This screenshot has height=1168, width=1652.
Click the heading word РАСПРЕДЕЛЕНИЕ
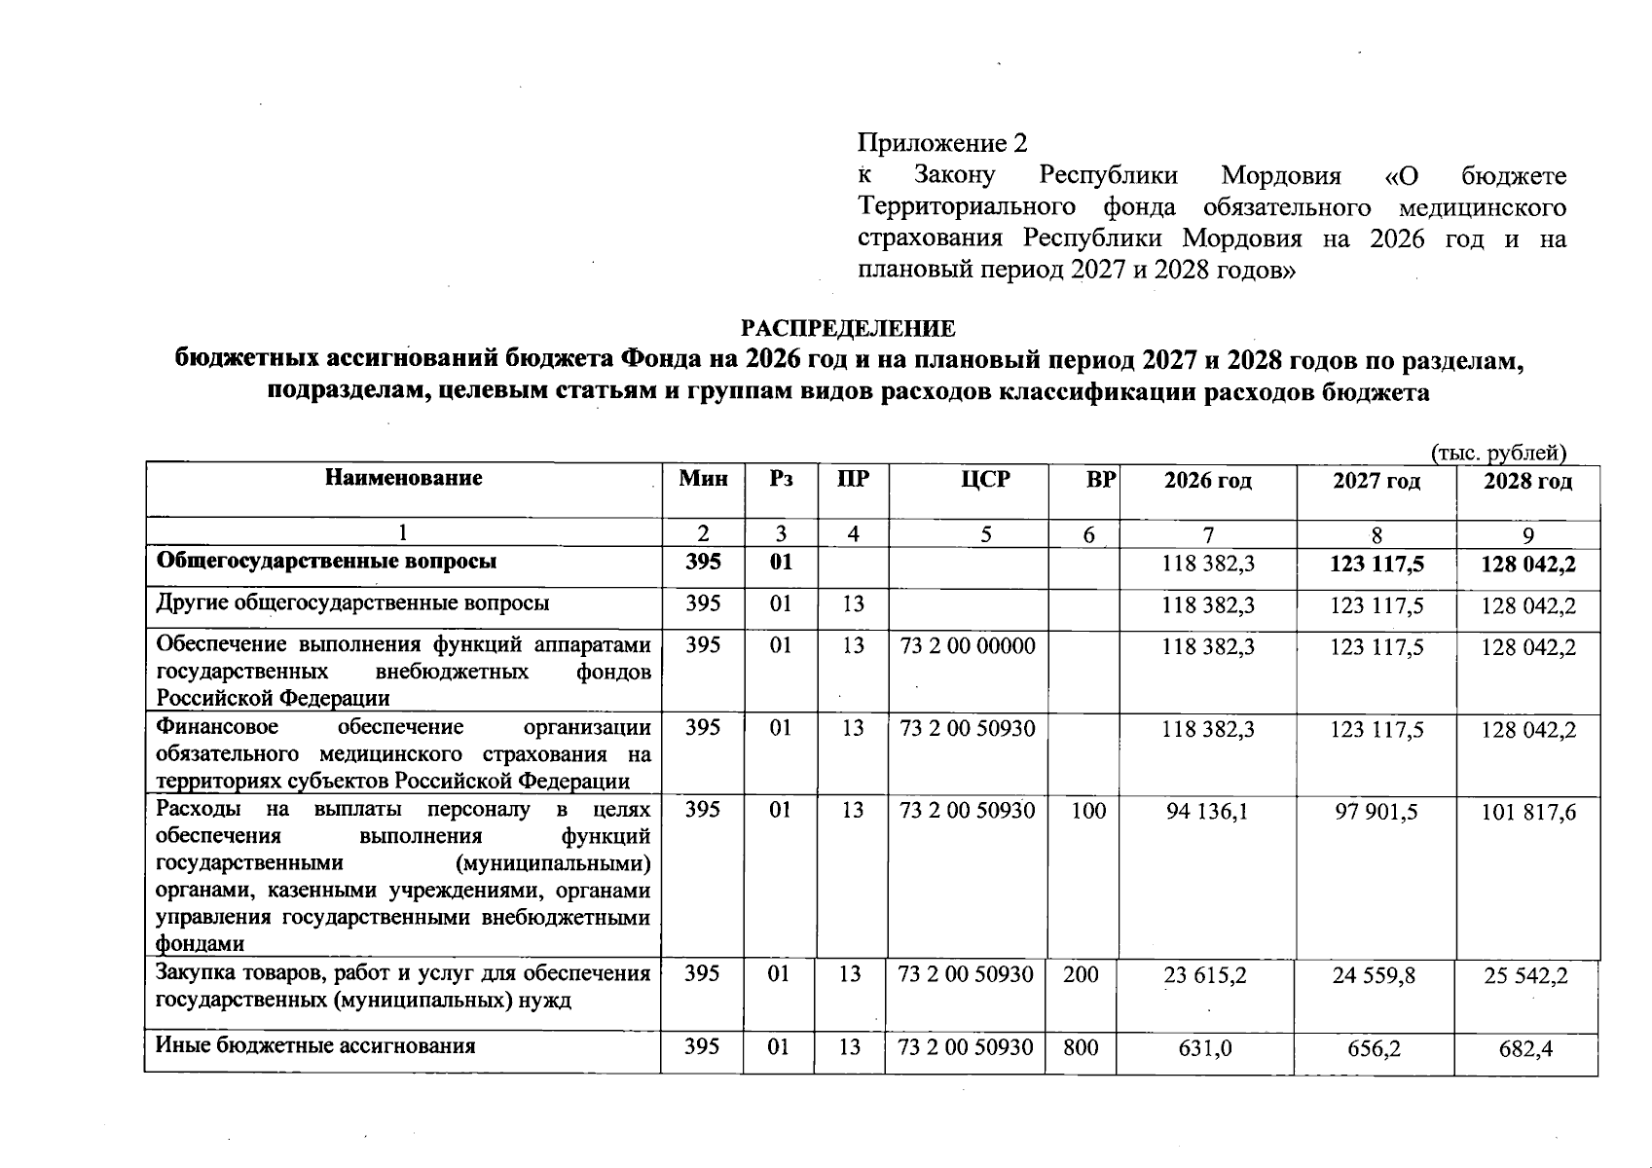pyautogui.click(x=849, y=328)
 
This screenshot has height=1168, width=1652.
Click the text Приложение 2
pyautogui.click(x=941, y=144)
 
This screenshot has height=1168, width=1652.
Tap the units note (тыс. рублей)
pyautogui.click(x=1498, y=453)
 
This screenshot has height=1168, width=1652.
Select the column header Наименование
pyautogui.click(x=403, y=478)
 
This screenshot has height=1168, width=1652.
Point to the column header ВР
pyautogui.click(x=1100, y=480)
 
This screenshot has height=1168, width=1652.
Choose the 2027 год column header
pyautogui.click(x=1376, y=481)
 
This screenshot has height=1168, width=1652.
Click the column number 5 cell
pyautogui.click(x=986, y=534)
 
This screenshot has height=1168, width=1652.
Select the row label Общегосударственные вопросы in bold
pyautogui.click(x=327, y=562)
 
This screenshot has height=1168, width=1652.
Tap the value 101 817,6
pyautogui.click(x=1527, y=812)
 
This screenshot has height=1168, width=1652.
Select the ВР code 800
pyautogui.click(x=1081, y=1047)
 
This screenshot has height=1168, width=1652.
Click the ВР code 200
pyautogui.click(x=1081, y=974)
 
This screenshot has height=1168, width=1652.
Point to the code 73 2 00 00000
pyautogui.click(x=968, y=646)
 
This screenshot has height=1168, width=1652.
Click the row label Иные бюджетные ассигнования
pyautogui.click(x=315, y=1046)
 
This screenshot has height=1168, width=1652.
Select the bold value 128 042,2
pyautogui.click(x=1527, y=565)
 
